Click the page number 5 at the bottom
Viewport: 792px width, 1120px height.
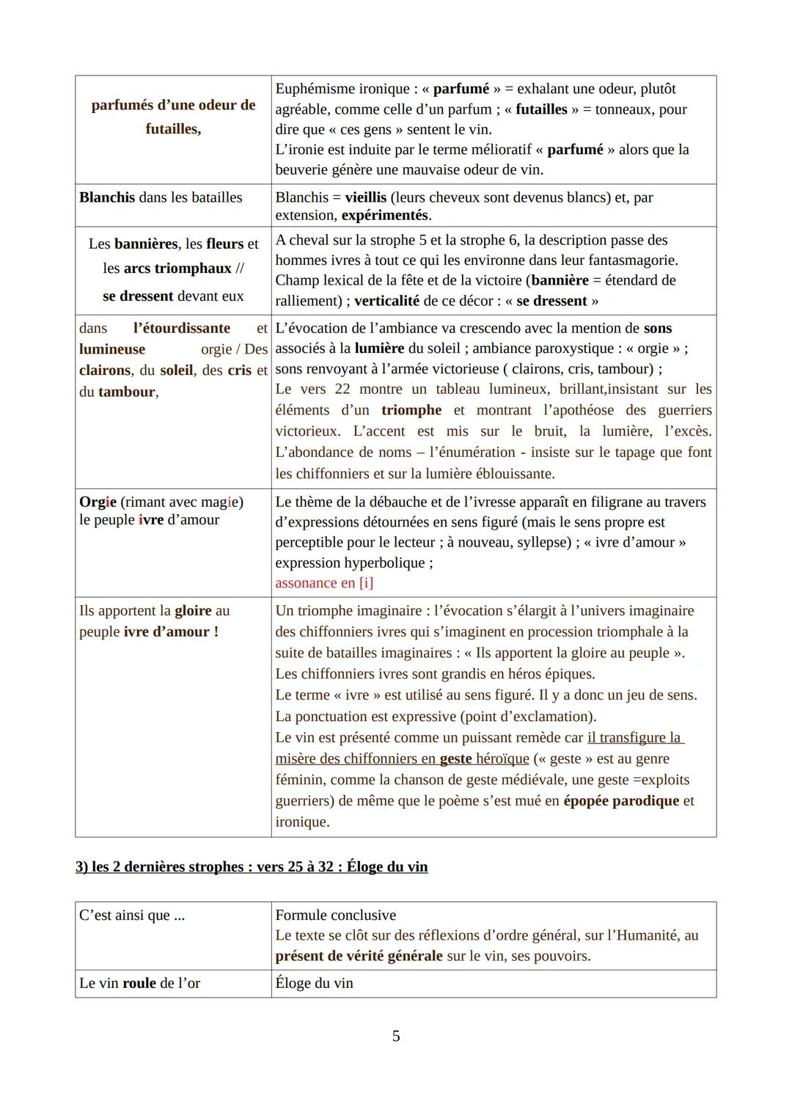coord(396,1036)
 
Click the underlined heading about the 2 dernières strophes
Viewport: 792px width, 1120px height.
coord(252,866)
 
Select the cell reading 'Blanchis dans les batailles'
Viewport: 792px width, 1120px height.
coord(161,197)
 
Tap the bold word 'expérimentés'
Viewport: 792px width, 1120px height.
coord(385,216)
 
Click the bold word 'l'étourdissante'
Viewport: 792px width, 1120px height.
coord(181,328)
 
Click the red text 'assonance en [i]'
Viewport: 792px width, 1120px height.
coord(324,583)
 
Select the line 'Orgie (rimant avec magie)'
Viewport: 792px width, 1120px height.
coord(161,502)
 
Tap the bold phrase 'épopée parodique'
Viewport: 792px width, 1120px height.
coord(620,801)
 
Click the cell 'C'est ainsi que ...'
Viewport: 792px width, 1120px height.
coord(132,915)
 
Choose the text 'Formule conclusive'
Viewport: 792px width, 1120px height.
coord(335,915)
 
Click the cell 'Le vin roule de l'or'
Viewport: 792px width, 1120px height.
coord(139,984)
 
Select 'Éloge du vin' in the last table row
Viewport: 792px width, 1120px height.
coord(314,984)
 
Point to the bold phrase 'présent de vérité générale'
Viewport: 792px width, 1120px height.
coord(359,956)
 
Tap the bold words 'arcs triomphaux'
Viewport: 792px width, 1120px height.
coord(177,268)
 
